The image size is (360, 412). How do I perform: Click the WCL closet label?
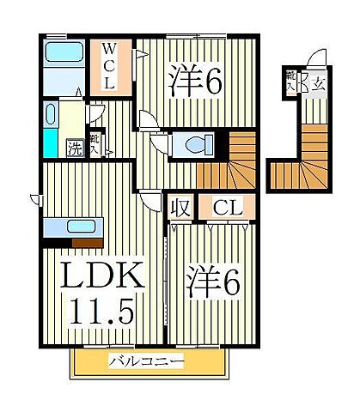pyautogui.click(x=110, y=65)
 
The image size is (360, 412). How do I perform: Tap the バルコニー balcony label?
pyautogui.click(x=147, y=362)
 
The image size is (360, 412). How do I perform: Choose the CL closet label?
pyautogui.click(x=226, y=207)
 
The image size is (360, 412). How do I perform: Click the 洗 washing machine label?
pyautogui.click(x=76, y=147)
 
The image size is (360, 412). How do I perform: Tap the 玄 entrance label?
pyautogui.click(x=319, y=83)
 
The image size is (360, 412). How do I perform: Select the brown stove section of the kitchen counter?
pyautogui.click(x=83, y=227)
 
